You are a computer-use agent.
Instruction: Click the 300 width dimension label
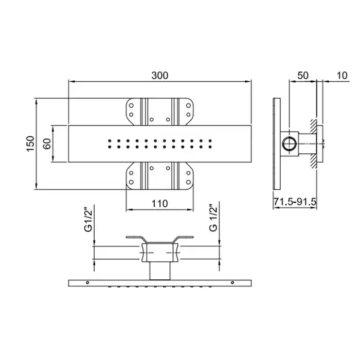tap(160, 75)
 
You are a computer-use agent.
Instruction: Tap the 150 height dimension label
tap(30, 143)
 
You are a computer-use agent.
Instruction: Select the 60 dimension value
tap(47, 143)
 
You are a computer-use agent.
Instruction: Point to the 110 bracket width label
tap(159, 204)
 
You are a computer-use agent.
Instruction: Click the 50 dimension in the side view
tap(303, 75)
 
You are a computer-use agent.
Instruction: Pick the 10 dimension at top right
tap(342, 75)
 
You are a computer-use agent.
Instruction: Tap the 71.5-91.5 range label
tap(295, 202)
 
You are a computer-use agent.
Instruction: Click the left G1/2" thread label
tap(88, 220)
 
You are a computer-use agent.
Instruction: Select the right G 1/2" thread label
tap(213, 218)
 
